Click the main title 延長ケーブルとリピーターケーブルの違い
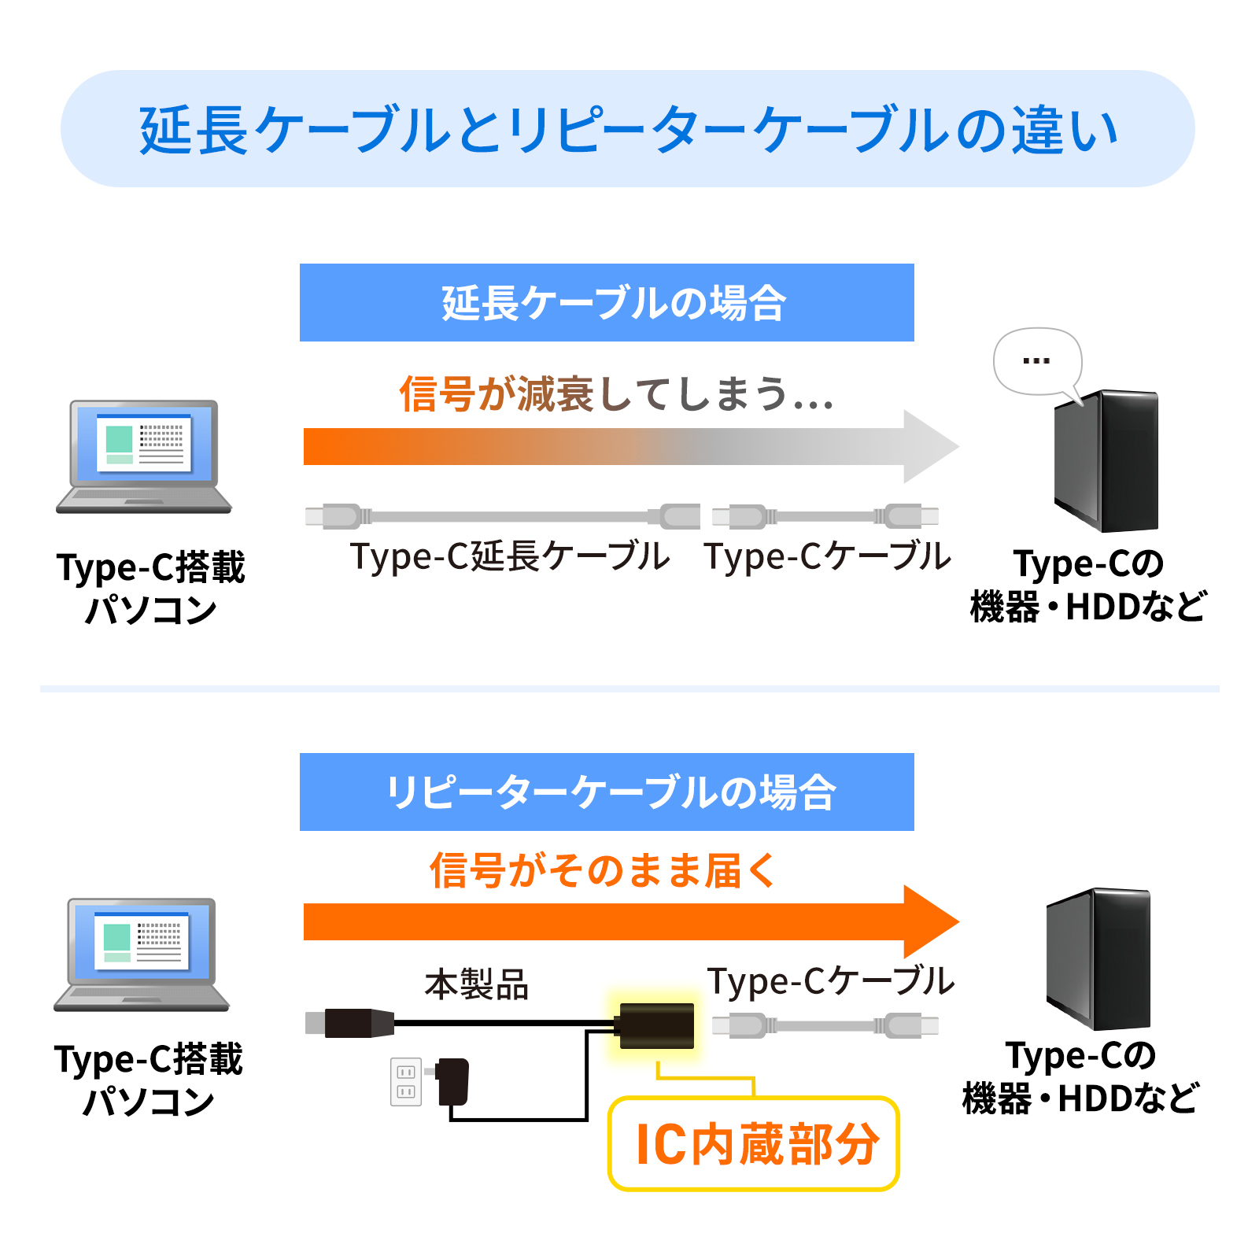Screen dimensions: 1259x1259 (x=628, y=129)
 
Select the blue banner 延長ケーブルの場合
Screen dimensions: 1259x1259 (x=607, y=303)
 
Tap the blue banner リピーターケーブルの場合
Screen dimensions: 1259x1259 (x=607, y=792)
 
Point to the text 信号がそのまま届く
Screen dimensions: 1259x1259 (x=603, y=870)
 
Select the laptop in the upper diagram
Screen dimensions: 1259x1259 (x=144, y=457)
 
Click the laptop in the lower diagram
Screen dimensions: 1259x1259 (x=142, y=954)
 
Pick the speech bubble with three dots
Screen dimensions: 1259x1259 (x=1037, y=361)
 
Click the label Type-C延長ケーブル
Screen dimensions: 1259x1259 (x=510, y=556)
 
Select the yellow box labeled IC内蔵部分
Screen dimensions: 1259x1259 (x=754, y=1143)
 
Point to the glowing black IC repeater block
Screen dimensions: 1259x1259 (x=656, y=1025)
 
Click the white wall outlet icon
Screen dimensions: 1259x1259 (x=406, y=1081)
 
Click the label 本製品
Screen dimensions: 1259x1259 (x=477, y=984)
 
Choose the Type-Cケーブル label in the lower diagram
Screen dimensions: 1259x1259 (x=830, y=981)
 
